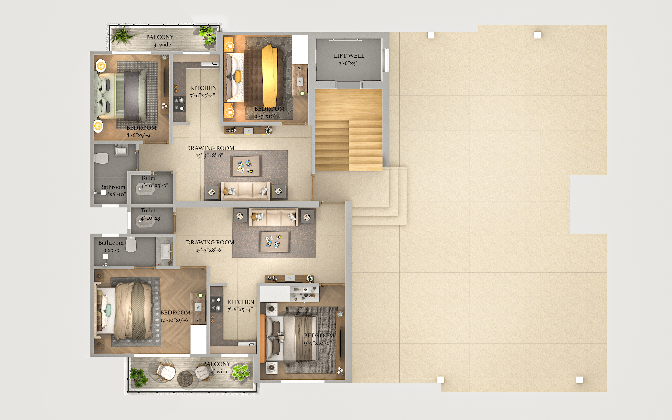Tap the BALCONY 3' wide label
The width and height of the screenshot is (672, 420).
160,41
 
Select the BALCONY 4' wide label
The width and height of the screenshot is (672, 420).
217,367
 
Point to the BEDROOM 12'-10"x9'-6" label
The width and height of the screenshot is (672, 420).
175,316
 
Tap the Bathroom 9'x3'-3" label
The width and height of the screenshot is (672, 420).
111,246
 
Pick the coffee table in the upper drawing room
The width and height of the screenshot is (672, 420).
246,166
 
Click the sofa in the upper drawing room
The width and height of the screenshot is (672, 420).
245,191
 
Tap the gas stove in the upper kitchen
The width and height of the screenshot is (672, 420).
179,104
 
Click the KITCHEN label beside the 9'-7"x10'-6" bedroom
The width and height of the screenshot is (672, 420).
241,302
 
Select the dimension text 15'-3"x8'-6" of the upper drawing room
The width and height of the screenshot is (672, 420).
210,156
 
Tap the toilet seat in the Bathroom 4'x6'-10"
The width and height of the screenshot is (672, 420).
101,158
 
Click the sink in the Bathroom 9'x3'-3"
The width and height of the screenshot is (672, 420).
166,251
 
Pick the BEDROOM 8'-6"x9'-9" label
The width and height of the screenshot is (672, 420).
141,131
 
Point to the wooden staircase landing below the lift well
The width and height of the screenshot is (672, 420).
348,104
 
